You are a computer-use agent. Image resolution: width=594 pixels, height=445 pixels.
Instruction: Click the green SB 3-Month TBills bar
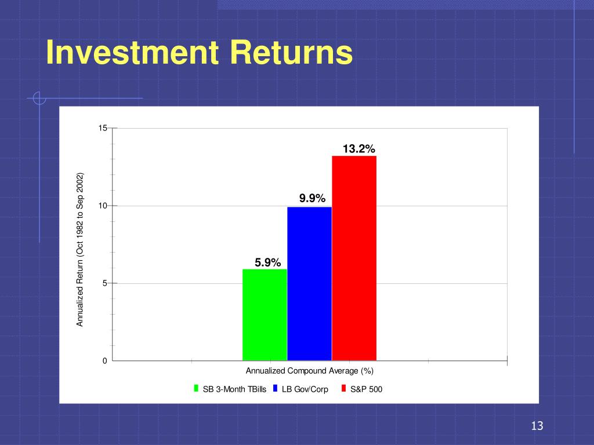(x=265, y=315)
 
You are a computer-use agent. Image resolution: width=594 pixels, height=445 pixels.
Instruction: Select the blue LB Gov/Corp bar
(x=310, y=284)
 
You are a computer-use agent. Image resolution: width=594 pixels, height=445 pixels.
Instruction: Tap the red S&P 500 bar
(x=354, y=258)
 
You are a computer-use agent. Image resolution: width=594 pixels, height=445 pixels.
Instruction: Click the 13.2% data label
(x=358, y=149)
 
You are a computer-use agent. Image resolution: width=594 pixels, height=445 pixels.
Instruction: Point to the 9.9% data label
(x=312, y=198)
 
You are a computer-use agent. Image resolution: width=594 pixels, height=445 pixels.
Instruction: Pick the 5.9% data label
(x=267, y=262)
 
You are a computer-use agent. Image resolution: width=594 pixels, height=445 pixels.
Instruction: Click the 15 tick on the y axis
(x=103, y=128)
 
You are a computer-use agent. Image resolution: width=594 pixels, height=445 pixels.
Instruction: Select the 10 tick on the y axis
(x=103, y=206)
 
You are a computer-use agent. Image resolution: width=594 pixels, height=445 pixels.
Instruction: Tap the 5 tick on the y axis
(x=105, y=283)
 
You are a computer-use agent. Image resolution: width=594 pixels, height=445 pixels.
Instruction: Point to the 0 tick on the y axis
(x=105, y=361)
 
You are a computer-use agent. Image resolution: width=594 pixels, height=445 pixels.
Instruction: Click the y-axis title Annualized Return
(x=79, y=249)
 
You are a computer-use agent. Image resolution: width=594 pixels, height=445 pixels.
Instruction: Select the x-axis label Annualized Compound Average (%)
(x=310, y=371)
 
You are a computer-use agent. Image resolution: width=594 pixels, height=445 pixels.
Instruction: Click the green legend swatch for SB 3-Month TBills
(x=196, y=388)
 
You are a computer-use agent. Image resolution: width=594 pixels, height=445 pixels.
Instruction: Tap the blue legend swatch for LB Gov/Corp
(x=276, y=388)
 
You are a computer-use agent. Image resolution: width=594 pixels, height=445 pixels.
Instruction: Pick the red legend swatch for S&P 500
(x=343, y=388)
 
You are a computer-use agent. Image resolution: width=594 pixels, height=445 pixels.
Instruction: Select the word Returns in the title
(x=291, y=52)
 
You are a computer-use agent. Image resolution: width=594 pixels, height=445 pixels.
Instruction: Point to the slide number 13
(x=537, y=426)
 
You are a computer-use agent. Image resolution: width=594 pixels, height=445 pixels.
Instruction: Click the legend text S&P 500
(x=367, y=389)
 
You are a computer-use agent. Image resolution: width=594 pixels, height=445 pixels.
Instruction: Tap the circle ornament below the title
(x=39, y=98)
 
